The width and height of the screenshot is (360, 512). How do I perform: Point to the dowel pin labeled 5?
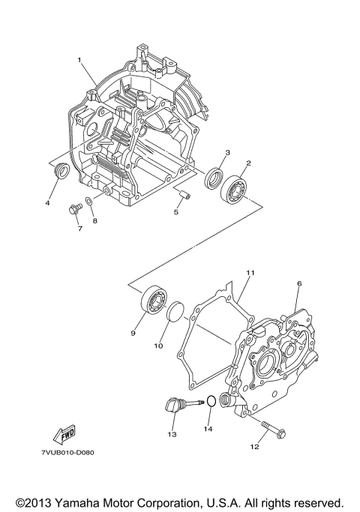(184, 194)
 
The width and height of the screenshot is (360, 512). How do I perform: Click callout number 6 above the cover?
(298, 284)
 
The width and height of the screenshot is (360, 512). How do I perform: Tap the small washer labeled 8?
(89, 201)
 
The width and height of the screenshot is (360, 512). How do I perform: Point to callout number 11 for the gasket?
(250, 273)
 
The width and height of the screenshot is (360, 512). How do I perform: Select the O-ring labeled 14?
(211, 402)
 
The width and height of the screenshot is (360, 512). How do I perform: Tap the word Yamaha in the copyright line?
(88, 501)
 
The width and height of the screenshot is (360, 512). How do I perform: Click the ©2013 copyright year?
(33, 501)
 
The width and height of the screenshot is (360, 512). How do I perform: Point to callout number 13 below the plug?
(172, 434)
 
